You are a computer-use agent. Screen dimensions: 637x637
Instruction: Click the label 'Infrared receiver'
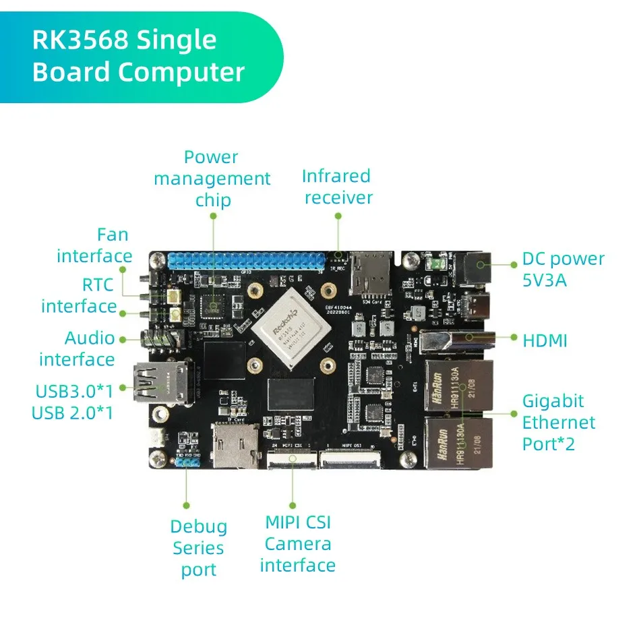click(x=337, y=187)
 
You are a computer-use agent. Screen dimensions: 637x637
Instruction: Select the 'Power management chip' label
click(x=212, y=179)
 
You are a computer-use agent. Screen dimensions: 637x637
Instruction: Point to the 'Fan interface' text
click(x=94, y=245)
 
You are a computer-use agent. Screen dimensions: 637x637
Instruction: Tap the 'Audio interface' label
click(x=77, y=348)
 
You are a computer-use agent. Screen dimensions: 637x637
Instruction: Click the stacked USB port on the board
click(x=157, y=383)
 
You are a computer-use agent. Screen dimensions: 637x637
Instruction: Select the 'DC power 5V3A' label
click(x=563, y=269)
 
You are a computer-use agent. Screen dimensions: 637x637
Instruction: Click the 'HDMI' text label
click(x=545, y=340)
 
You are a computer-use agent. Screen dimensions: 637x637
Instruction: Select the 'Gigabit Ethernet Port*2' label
click(x=559, y=423)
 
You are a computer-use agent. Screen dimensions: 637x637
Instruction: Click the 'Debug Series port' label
click(x=198, y=548)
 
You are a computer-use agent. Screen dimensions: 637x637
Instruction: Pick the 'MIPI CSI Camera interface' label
click(x=297, y=543)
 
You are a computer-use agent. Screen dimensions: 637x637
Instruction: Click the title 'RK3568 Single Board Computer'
click(x=138, y=57)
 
